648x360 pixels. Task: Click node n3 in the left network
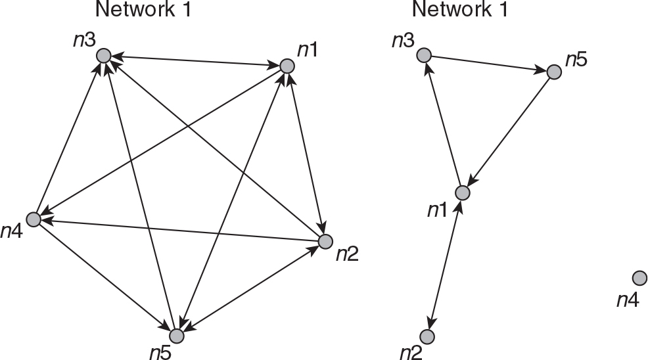click(103, 56)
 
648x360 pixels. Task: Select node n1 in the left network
click(287, 66)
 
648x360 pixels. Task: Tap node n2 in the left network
click(325, 242)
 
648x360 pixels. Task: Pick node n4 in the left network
click(33, 219)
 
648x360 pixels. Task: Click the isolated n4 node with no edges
click(638, 279)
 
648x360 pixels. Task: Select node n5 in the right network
click(554, 72)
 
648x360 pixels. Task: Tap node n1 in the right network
click(462, 193)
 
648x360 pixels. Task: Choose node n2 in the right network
click(427, 337)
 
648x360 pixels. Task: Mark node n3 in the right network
click(424, 55)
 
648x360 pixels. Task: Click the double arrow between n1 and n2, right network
click(445, 264)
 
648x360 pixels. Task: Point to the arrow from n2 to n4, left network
click(177, 231)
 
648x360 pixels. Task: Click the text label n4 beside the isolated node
click(627, 300)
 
